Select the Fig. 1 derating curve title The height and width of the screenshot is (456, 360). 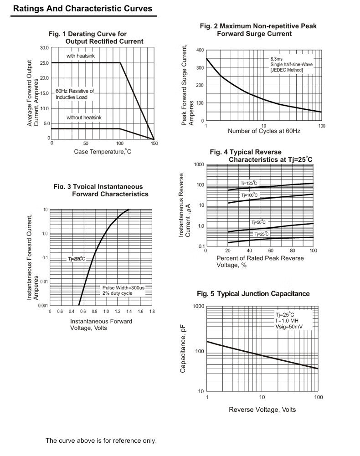tap(96, 37)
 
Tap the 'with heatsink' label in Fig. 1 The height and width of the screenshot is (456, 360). tap(81, 56)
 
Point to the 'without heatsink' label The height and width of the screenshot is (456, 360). tap(84, 118)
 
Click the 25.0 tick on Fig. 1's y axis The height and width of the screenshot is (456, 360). tap(44, 63)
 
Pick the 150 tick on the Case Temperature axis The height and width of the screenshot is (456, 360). tap(154, 143)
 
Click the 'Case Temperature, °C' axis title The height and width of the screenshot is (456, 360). tap(103, 152)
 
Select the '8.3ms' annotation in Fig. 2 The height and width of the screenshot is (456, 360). tap(277, 59)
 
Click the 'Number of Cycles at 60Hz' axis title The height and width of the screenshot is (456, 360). tap(264, 131)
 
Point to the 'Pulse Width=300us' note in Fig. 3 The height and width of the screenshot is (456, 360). tap(123, 288)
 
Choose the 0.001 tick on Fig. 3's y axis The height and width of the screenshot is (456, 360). tap(42, 305)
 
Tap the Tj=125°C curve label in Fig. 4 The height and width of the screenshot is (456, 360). tap(249, 184)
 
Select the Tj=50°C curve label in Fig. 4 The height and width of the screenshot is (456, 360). tap(258, 222)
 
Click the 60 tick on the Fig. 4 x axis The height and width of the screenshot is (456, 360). tap(271, 251)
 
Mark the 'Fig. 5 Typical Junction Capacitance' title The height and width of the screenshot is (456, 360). tap(253, 294)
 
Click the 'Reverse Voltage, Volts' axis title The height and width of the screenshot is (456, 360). tap(262, 410)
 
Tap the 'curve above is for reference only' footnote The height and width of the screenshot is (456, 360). tap(101, 441)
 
